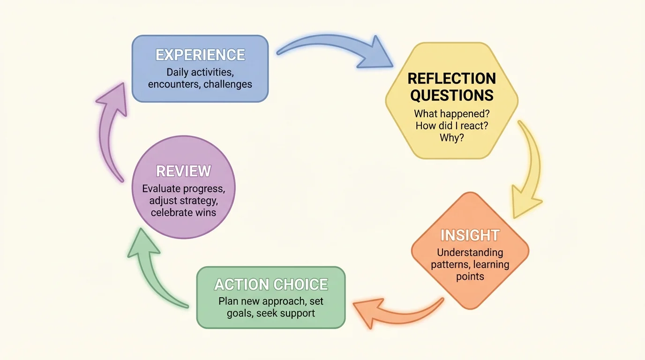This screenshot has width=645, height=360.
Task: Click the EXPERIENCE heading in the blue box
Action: point(200,55)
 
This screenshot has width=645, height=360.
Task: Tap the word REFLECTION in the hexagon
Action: point(452,78)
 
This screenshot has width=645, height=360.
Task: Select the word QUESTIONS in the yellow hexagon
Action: point(452,95)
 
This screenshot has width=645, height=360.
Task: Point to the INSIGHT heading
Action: point(470,235)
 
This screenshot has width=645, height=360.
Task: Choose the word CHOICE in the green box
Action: point(300,285)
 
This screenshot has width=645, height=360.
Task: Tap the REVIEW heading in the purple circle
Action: point(183,171)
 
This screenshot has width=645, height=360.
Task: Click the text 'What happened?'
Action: point(451,113)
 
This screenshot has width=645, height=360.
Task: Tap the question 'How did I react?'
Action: point(451,126)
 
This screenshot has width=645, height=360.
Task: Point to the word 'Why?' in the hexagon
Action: point(451,138)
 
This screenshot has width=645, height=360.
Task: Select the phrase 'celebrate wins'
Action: point(183,212)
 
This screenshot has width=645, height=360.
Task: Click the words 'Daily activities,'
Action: point(200,73)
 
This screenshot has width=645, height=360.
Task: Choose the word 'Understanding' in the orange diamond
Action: point(470,252)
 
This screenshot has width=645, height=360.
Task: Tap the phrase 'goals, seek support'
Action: point(271,313)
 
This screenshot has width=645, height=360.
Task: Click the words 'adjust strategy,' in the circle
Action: point(183,201)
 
